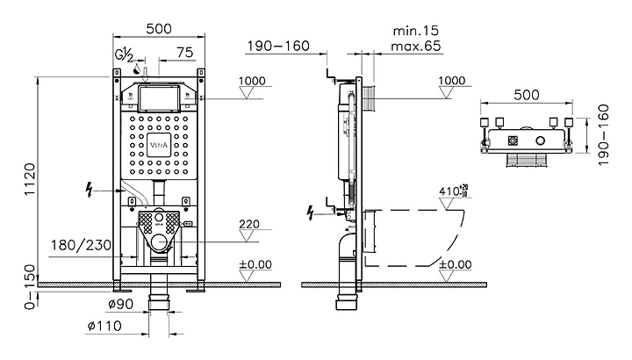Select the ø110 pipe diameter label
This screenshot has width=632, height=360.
tap(103, 327)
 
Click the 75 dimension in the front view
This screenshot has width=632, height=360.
tap(184, 53)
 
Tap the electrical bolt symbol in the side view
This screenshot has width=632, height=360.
tap(310, 212)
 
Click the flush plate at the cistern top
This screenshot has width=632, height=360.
tap(160, 96)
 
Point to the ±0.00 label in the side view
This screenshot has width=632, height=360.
tap(454, 264)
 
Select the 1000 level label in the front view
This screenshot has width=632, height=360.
tap(253, 81)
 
